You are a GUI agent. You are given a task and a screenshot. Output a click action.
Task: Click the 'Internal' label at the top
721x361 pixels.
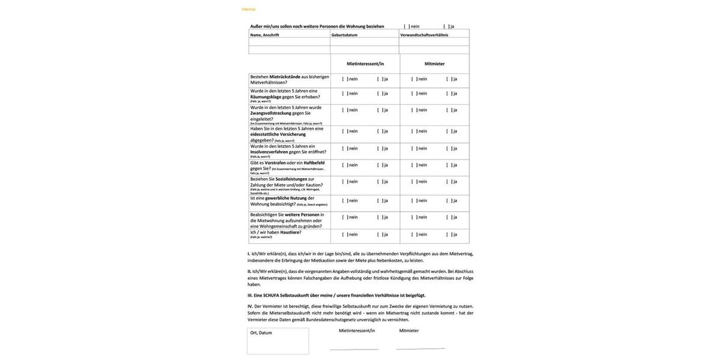(x=248, y=9)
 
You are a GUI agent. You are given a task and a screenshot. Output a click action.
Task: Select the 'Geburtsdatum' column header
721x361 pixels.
(x=344, y=35)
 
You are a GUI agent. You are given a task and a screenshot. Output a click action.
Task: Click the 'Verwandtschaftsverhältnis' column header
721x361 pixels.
(x=424, y=35)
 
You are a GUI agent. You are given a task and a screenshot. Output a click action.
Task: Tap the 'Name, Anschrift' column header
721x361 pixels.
(x=264, y=35)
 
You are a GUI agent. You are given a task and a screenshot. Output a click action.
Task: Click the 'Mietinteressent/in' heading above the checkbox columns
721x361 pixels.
(x=365, y=64)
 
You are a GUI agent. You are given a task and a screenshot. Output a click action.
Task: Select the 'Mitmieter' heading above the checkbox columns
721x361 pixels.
(x=434, y=64)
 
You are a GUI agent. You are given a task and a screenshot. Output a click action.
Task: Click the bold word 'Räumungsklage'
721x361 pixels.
(x=266, y=97)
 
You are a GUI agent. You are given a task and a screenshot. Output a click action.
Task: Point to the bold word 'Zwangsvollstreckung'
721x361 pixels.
(x=271, y=113)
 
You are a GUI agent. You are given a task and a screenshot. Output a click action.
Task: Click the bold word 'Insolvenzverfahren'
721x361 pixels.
(x=269, y=152)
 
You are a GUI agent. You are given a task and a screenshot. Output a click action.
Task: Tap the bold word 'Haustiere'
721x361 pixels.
(x=290, y=232)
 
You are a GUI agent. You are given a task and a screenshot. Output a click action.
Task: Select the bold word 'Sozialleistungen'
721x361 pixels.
(x=291, y=179)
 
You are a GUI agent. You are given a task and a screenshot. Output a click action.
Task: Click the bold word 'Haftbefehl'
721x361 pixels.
(x=314, y=162)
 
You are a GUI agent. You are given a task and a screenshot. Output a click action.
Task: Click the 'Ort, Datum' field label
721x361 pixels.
(x=261, y=333)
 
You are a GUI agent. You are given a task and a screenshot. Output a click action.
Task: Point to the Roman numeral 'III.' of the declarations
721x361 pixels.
(x=250, y=295)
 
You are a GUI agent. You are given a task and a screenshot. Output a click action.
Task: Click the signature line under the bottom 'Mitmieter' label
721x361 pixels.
(x=421, y=349)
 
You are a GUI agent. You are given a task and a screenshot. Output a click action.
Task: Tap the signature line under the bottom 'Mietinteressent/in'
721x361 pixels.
(x=354, y=350)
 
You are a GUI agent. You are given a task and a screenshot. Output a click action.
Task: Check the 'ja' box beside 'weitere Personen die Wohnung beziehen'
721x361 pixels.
(x=446, y=26)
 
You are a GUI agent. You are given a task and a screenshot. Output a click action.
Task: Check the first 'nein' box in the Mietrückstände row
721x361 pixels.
(x=345, y=79)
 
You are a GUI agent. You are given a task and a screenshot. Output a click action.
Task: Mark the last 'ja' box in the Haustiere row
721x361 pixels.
(x=449, y=235)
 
